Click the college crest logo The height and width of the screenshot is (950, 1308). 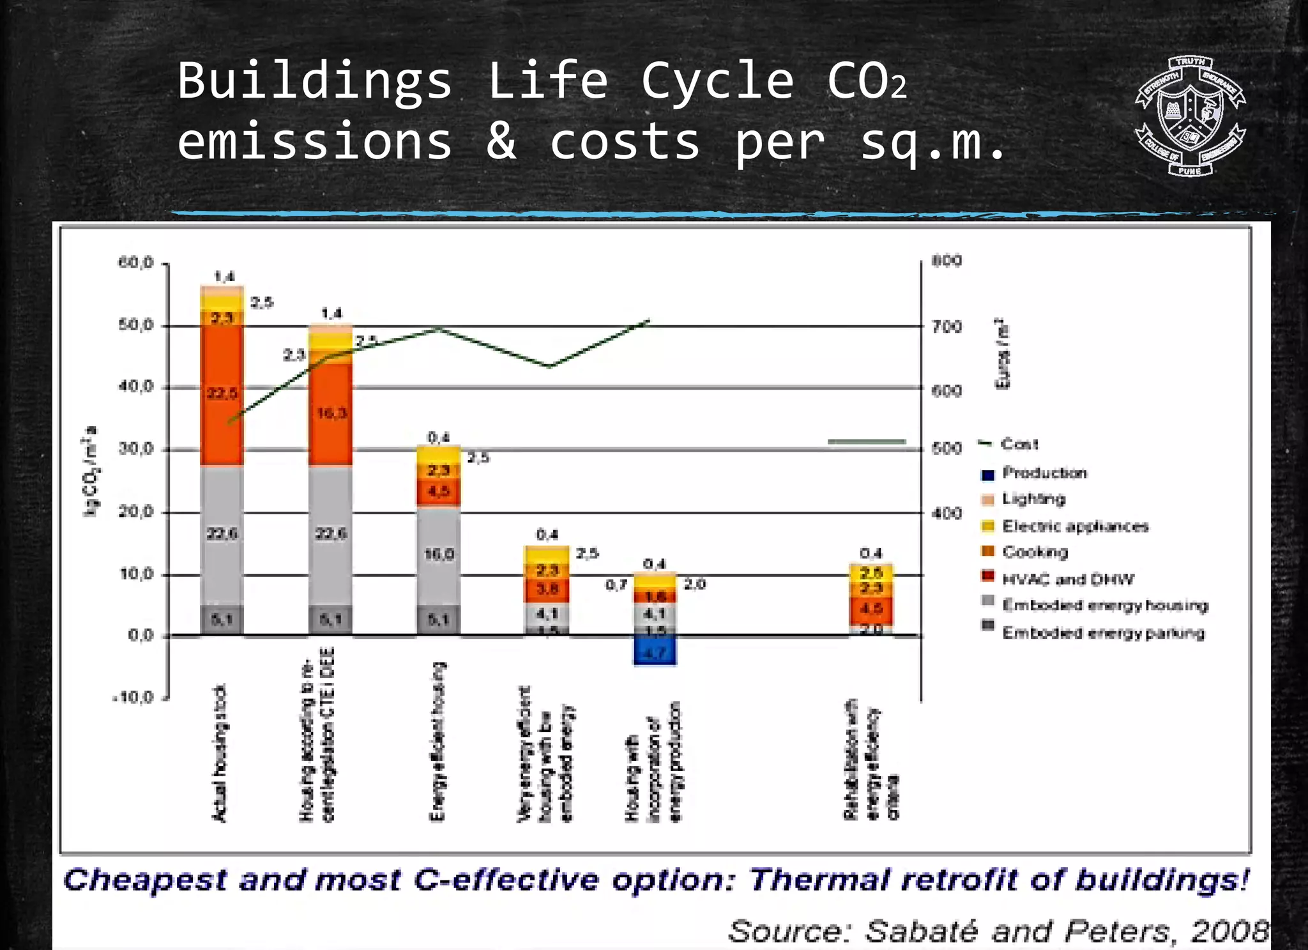(x=1190, y=116)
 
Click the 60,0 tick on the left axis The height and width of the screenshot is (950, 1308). (x=135, y=263)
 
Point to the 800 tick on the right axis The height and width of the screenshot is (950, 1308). (x=946, y=261)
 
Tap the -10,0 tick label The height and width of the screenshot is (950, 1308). (x=133, y=697)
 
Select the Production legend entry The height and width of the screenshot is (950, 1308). (x=1044, y=473)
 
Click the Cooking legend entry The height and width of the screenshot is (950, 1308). (x=1034, y=552)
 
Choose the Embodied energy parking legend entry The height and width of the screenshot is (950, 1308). (x=1102, y=633)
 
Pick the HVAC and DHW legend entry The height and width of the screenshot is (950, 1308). (x=1067, y=579)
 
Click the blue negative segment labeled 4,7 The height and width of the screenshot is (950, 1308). (x=655, y=652)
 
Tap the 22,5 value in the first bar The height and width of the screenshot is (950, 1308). (x=222, y=394)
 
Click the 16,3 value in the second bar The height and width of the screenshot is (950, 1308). (x=331, y=413)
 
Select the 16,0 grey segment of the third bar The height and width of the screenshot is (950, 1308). (x=438, y=554)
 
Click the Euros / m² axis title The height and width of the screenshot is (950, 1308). (x=1003, y=353)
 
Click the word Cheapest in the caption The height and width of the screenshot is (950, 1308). (x=145, y=880)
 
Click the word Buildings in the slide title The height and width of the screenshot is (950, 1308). (x=314, y=81)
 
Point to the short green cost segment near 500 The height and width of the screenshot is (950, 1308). (x=867, y=441)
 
